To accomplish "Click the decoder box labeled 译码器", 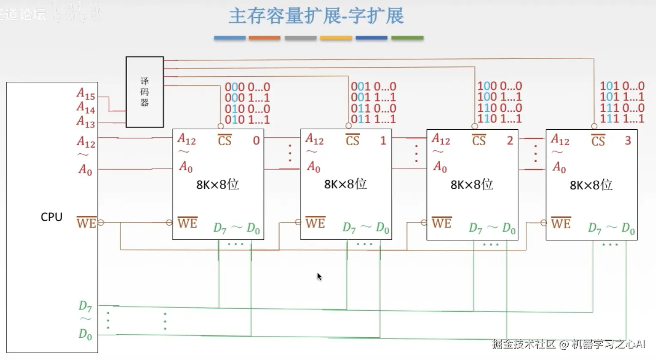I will coord(145,92).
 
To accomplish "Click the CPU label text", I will coord(51,217).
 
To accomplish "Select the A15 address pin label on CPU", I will coord(86,93).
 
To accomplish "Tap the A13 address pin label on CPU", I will coord(86,122).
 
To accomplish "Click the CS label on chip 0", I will coord(224,140).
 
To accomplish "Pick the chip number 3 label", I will coord(628,140).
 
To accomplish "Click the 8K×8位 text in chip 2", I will coord(471,184).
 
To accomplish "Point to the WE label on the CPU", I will coord(86,223).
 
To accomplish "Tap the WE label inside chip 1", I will coord(315,223).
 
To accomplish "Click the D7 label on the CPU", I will coord(85,306).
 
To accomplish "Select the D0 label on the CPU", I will coord(85,334).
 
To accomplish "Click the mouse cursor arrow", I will coord(319,277).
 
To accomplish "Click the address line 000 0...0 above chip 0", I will coord(247,87).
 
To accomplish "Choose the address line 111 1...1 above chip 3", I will coord(622,119).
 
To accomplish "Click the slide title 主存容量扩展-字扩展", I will coord(316,16).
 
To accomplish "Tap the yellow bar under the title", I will coord(336,38).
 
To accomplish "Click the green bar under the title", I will coord(407,38).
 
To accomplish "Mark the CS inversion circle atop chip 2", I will coord(474,126).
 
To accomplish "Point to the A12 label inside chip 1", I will coord(314,139).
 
